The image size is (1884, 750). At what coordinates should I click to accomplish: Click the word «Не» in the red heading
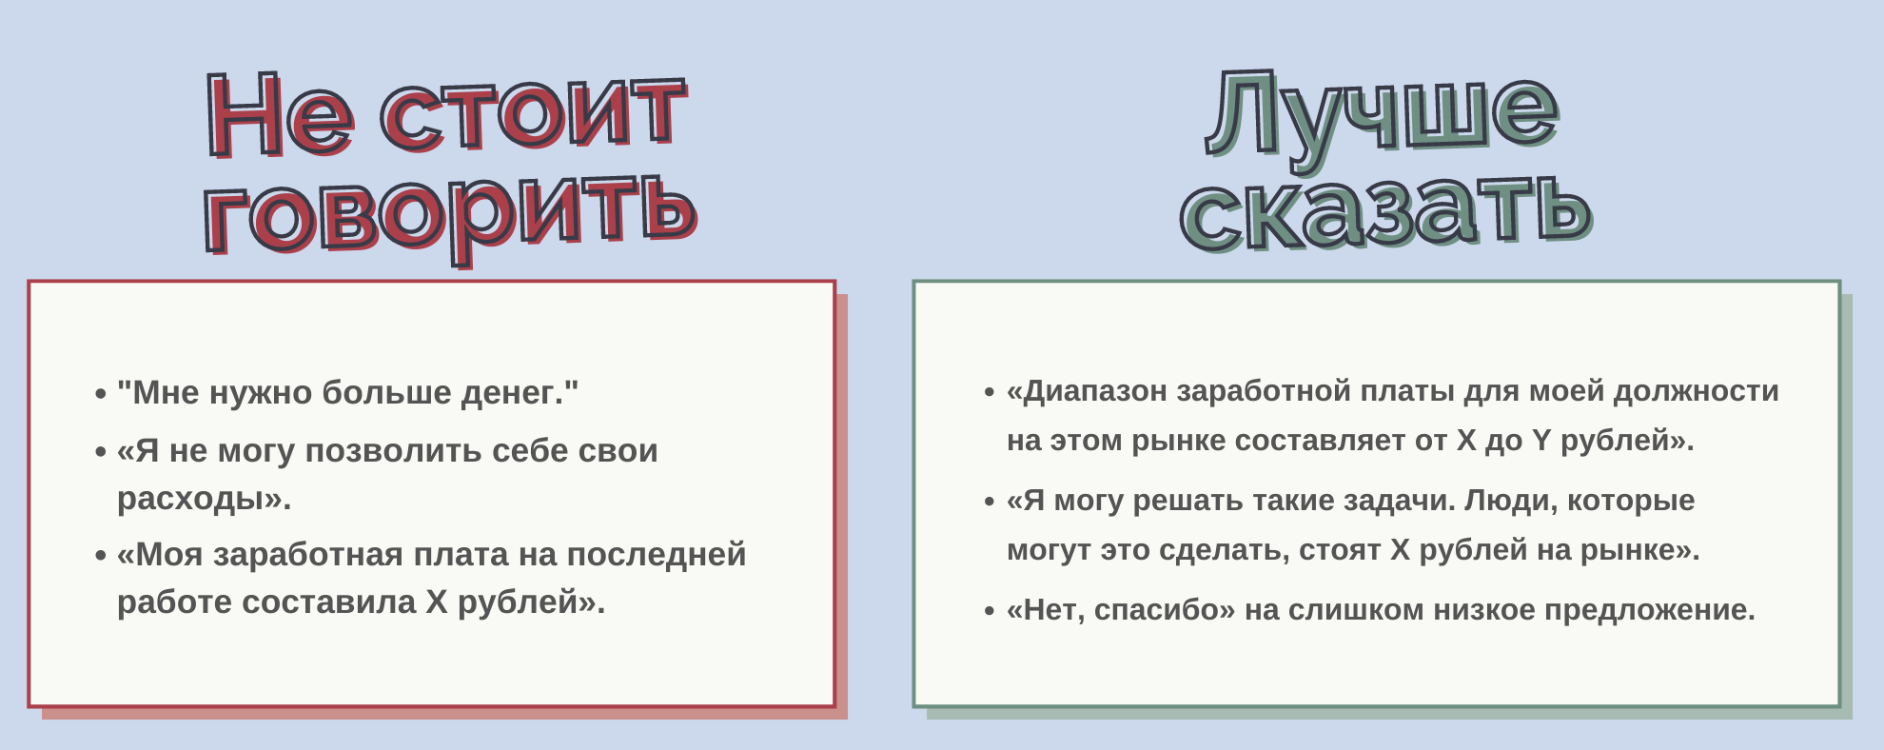tap(281, 116)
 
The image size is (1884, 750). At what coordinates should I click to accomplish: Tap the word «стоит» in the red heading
tap(534, 114)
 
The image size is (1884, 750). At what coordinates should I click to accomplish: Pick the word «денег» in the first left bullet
tap(511, 393)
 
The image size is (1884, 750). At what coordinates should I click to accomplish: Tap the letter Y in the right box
tap(1541, 441)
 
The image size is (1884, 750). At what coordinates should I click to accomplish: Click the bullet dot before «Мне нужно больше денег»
tap(101, 393)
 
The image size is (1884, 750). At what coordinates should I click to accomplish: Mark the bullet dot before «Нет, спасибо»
tap(990, 610)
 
